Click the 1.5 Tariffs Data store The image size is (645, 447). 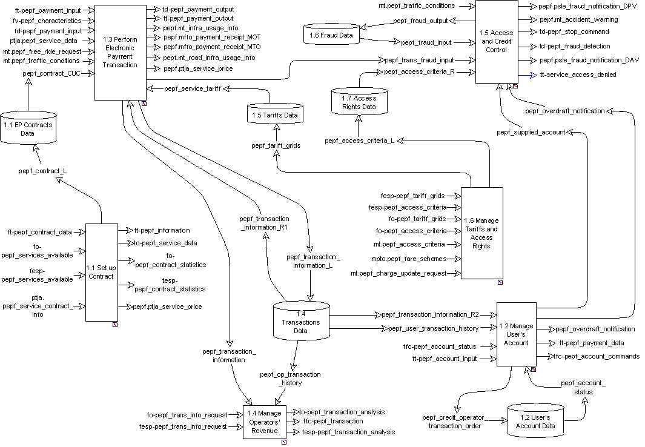(275, 113)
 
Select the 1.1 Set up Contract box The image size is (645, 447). (101, 272)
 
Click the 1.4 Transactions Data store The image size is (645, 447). (301, 322)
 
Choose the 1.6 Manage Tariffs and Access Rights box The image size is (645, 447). (482, 233)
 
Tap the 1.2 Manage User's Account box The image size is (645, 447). (516, 334)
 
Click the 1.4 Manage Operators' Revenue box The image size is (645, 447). (264, 422)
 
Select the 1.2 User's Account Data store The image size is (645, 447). (535, 421)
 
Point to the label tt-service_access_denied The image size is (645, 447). (577, 74)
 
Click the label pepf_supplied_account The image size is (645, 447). (531, 131)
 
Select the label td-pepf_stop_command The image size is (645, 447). (574, 31)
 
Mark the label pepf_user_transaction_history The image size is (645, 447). (433, 328)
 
